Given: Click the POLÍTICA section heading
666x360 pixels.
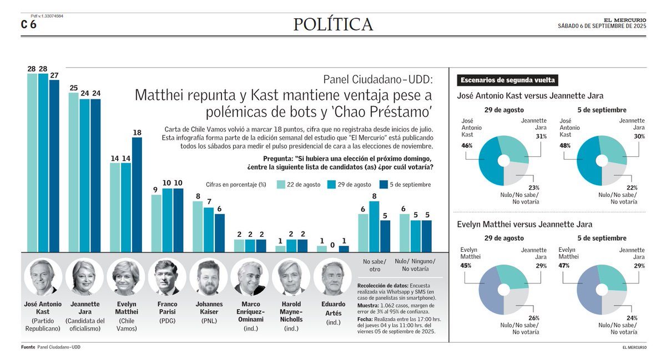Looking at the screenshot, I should pyautogui.click(x=333, y=24).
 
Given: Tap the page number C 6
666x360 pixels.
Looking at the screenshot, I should pyautogui.click(x=29, y=24).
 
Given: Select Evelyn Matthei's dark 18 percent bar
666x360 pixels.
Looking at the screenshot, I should pyautogui.click(x=137, y=194).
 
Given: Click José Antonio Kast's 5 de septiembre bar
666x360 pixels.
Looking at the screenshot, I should pyautogui.click(x=54, y=166).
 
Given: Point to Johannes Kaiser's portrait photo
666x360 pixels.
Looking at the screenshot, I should pyautogui.click(x=208, y=277).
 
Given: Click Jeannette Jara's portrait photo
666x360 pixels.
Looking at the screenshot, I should pyautogui.click(x=84, y=277).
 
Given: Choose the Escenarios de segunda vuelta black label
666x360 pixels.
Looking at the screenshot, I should pyautogui.click(x=508, y=80).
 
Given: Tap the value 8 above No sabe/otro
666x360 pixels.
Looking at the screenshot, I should pyautogui.click(x=375, y=196).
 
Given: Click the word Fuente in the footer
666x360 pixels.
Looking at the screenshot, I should pyautogui.click(x=28, y=347).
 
